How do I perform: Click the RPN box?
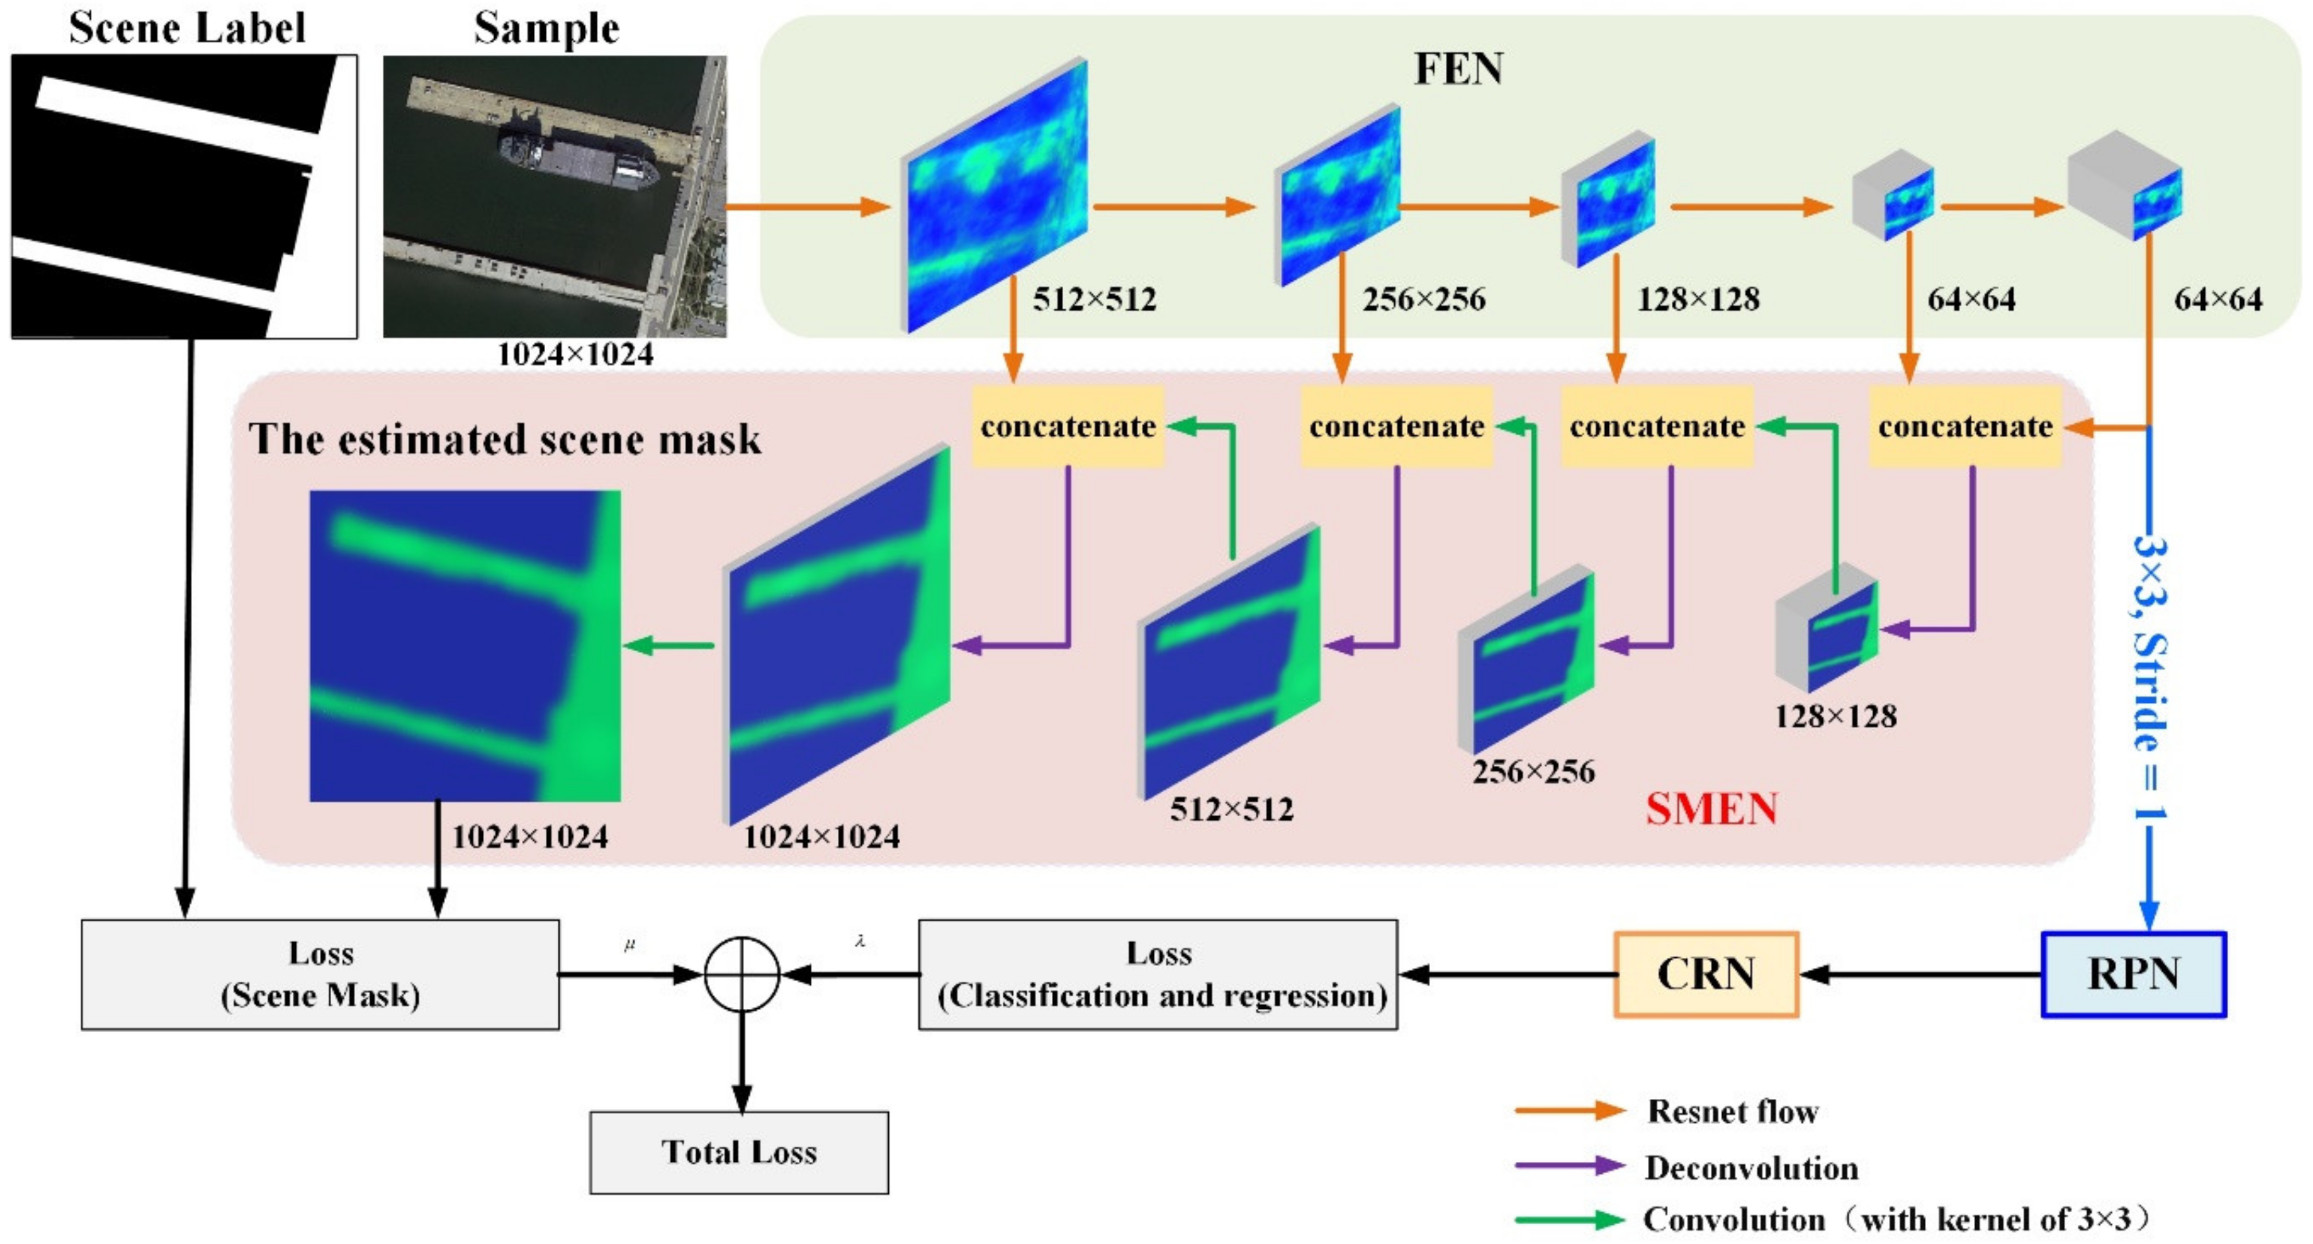pyautogui.click(x=2133, y=974)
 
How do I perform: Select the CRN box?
pyautogui.click(x=1706, y=974)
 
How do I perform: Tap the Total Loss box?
pyautogui.click(x=739, y=1153)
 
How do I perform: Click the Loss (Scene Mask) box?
pyautogui.click(x=321, y=974)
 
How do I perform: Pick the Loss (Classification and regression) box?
pyautogui.click(x=1158, y=974)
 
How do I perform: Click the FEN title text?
pyautogui.click(x=1458, y=69)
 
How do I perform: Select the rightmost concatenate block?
pyautogui.click(x=1965, y=427)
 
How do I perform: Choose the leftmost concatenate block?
pyautogui.click(x=1068, y=427)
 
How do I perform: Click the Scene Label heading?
pyautogui.click(x=187, y=28)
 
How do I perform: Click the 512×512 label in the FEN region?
pyautogui.click(x=1094, y=299)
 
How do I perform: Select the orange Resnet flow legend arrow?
pyautogui.click(x=1570, y=1111)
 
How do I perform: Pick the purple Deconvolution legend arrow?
pyautogui.click(x=1570, y=1166)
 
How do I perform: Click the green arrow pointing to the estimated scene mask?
pyautogui.click(x=669, y=645)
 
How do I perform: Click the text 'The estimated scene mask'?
pyautogui.click(x=505, y=440)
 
